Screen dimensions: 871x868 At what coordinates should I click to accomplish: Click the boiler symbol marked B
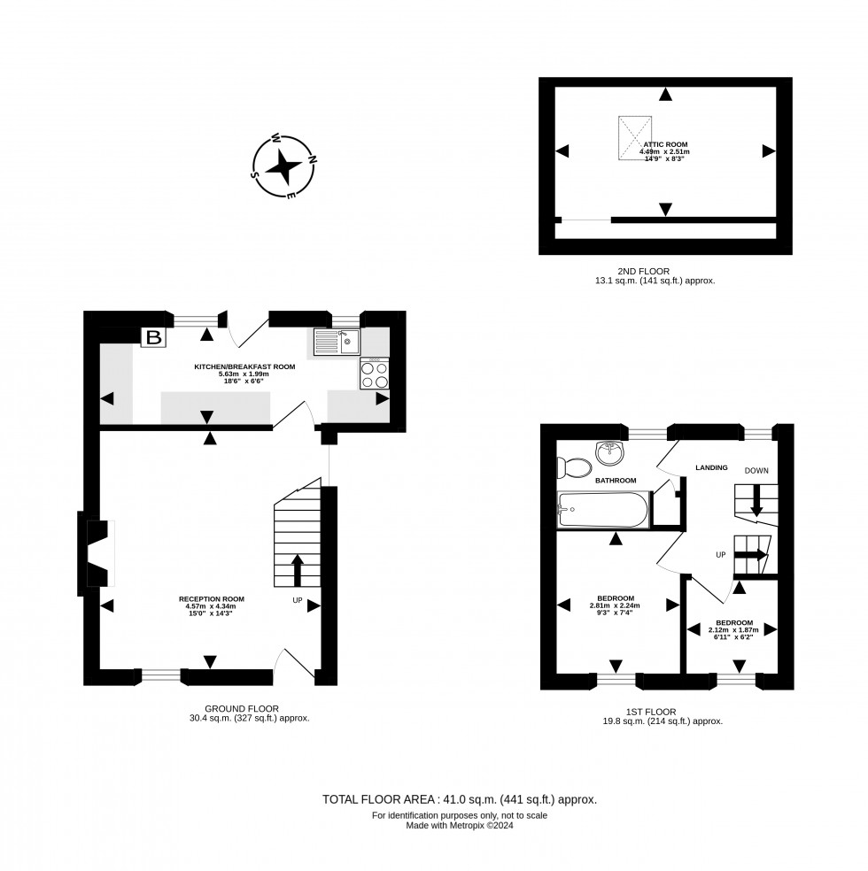click(153, 337)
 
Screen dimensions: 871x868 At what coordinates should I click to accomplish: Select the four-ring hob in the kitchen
click(374, 375)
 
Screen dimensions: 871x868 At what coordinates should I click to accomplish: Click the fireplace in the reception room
click(99, 554)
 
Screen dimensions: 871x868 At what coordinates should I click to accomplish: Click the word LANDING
click(711, 467)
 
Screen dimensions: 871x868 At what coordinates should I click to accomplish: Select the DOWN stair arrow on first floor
click(757, 502)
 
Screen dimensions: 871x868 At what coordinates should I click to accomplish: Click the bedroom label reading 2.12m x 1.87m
click(734, 629)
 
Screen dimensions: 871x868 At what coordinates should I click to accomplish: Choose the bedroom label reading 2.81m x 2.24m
click(614, 605)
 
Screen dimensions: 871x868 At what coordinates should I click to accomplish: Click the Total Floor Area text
click(459, 799)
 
